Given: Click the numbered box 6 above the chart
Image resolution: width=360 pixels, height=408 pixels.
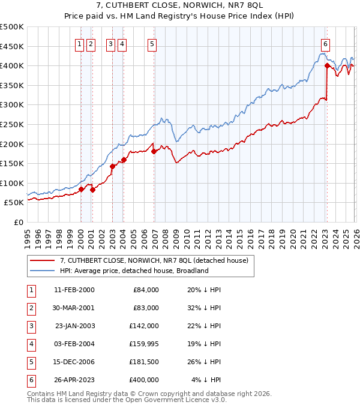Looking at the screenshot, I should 325,43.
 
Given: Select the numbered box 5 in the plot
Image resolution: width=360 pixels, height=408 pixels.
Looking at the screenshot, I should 152,43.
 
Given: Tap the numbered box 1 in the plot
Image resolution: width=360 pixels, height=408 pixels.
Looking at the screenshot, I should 79,43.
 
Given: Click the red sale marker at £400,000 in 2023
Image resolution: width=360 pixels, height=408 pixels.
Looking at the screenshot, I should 327,65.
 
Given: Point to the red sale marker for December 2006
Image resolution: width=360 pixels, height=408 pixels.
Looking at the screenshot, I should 154,151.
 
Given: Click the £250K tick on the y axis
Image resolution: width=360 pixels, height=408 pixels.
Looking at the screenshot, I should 12,124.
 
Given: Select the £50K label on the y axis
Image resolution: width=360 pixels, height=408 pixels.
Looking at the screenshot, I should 14,203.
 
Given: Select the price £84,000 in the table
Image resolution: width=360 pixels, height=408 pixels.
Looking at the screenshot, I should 145,289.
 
